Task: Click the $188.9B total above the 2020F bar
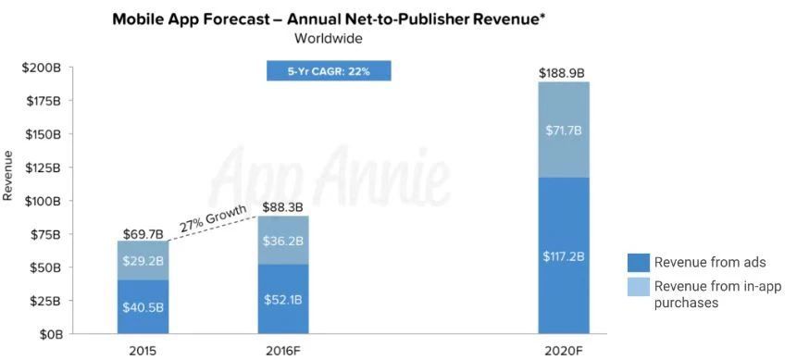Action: (x=564, y=74)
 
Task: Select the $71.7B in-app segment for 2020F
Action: (x=564, y=130)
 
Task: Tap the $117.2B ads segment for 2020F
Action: (x=564, y=255)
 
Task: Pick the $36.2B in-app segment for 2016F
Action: (x=283, y=241)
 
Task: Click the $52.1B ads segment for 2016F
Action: (x=283, y=300)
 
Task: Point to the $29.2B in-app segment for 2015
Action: (x=143, y=260)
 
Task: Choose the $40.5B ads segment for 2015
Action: (x=143, y=307)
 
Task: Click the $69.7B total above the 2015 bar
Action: (x=143, y=234)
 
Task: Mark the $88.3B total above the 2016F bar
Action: (x=283, y=207)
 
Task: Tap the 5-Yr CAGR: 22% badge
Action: (x=329, y=71)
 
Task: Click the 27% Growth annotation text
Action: (x=214, y=218)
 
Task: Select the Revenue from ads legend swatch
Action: (x=639, y=263)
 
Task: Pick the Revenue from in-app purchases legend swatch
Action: (x=639, y=287)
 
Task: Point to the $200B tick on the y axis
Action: (x=43, y=68)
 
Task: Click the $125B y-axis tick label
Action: (x=44, y=168)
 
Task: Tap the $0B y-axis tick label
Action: (x=49, y=334)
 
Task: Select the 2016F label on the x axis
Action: (x=283, y=351)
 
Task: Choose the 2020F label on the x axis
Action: (x=564, y=351)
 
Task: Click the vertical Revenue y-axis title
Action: (x=8, y=175)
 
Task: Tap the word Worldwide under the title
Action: (x=329, y=39)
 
